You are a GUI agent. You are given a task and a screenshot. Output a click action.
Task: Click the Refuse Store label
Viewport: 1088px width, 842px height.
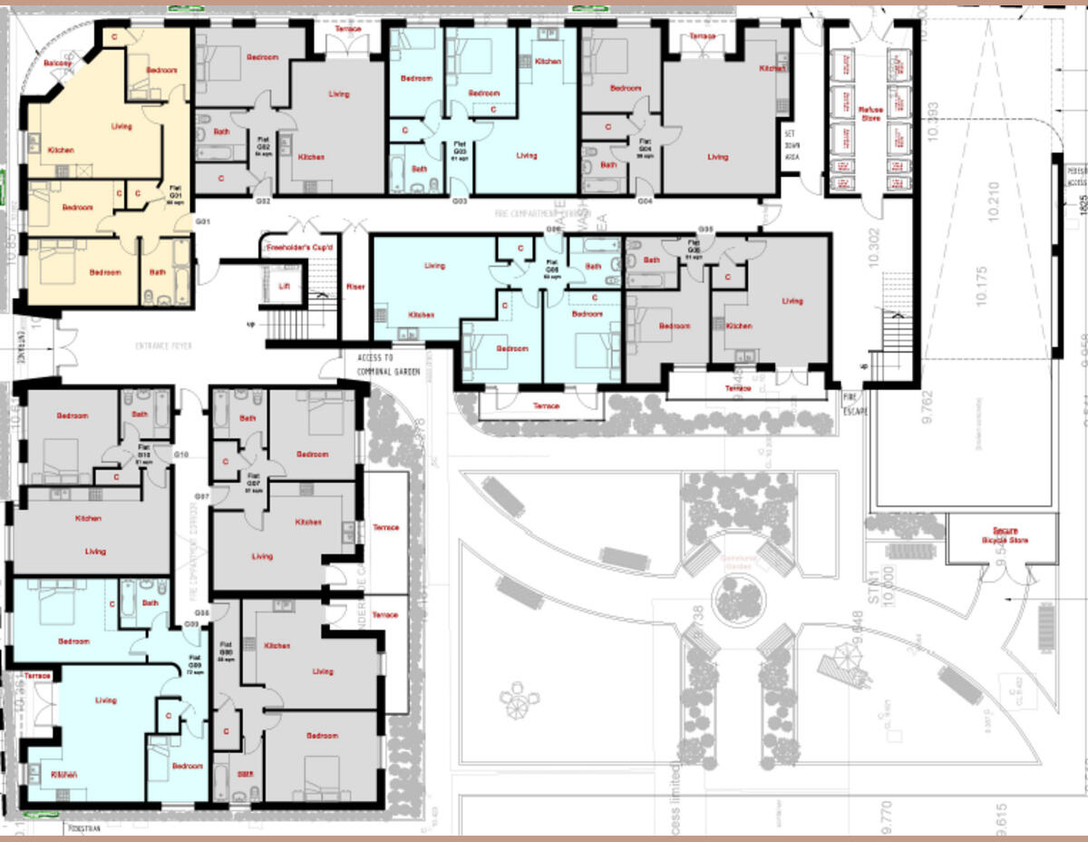869,113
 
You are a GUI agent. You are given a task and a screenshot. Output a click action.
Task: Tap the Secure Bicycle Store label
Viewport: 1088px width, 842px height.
1002,535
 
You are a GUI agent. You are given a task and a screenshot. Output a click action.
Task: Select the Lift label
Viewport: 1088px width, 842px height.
283,287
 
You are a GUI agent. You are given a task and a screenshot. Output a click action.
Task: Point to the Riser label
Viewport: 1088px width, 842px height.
355,287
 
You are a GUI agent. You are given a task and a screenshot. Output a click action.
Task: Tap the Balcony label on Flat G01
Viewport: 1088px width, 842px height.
58,63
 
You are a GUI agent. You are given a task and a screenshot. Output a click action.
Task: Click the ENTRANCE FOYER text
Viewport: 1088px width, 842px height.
164,347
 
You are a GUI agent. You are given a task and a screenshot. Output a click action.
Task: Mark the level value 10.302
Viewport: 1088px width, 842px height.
874,246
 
